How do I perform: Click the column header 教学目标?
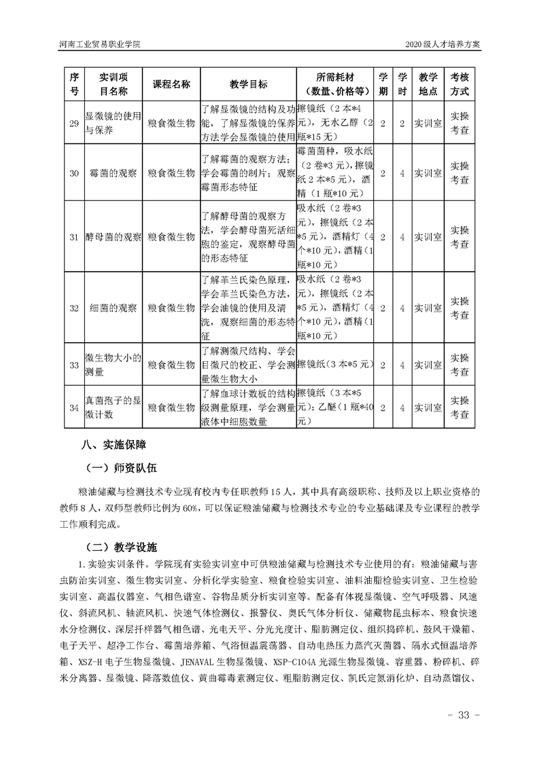[x=248, y=84]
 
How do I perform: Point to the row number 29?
[x=75, y=122]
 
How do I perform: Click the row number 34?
[x=75, y=407]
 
